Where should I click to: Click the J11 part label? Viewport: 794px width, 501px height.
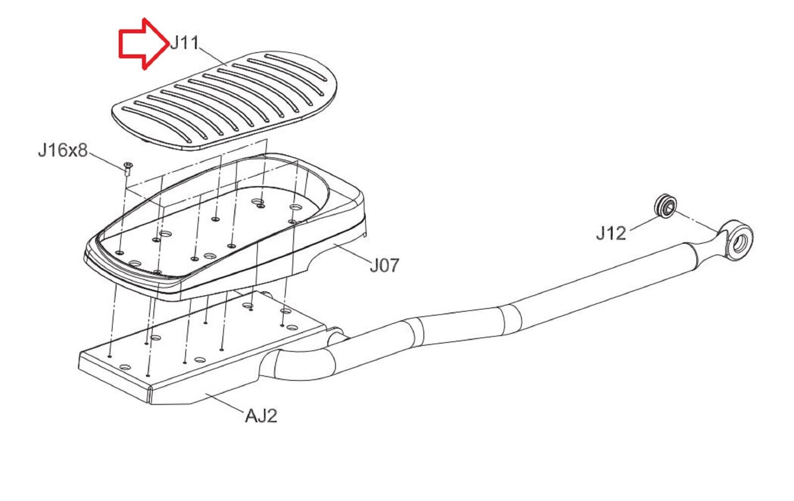tap(185, 43)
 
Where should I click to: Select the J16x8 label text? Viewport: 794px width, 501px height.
tap(63, 150)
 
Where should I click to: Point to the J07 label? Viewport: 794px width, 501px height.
tap(384, 265)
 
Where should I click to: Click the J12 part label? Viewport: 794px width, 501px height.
tap(611, 233)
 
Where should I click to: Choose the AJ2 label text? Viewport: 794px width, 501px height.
tap(261, 415)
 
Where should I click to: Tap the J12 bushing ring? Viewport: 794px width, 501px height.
tap(665, 206)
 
